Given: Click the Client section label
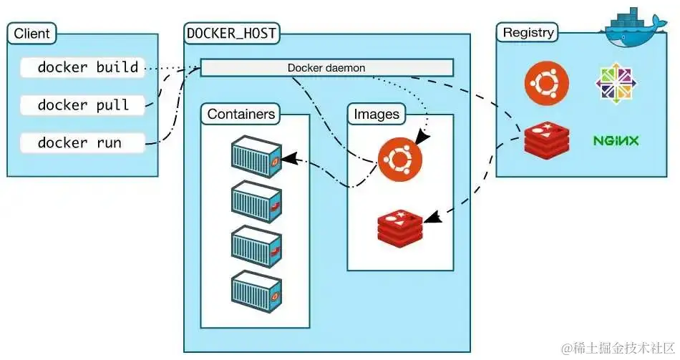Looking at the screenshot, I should pyautogui.click(x=32, y=33).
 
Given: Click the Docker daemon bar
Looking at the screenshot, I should pyautogui.click(x=326, y=68).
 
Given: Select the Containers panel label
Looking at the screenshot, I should pyautogui.click(x=241, y=114).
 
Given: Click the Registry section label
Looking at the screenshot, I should pyautogui.click(x=528, y=33).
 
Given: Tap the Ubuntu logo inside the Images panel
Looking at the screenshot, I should pyautogui.click(x=395, y=158).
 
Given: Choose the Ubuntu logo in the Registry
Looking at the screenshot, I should pyautogui.click(x=547, y=82).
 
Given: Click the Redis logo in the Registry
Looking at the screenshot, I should pyautogui.click(x=547, y=140).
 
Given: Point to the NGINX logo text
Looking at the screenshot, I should pyautogui.click(x=616, y=140).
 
